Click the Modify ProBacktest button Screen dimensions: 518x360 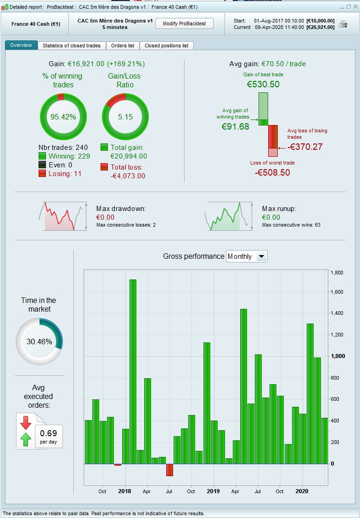pyautogui.click(x=184, y=23)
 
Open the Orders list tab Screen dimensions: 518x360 pyautogui.click(x=123, y=46)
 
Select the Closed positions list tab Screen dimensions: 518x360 pyautogui.click(x=166, y=46)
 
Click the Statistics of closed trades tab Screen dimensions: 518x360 pyautogui.click(x=71, y=46)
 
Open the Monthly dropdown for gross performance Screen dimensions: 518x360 pyautogui.click(x=247, y=256)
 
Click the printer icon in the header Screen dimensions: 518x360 pyautogui.click(x=343, y=24)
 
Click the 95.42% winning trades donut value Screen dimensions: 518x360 pyautogui.click(x=63, y=117)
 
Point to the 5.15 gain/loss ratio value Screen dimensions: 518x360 pyautogui.click(x=125, y=117)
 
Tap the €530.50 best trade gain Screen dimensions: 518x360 pyautogui.click(x=263, y=85)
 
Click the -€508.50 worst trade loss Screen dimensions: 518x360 pyautogui.click(x=272, y=172)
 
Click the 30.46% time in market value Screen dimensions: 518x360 pyautogui.click(x=39, y=342)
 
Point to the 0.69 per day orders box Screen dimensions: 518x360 pyautogui.click(x=49, y=436)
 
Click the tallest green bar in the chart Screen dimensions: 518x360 pyautogui.click(x=133, y=371)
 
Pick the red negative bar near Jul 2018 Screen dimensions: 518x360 pyautogui.click(x=169, y=470)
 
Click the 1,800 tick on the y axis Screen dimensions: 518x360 pyautogui.click(x=337, y=273)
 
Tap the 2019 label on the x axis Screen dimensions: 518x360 pyautogui.click(x=213, y=491)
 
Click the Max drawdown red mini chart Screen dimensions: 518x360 pyautogui.click(x=62, y=216)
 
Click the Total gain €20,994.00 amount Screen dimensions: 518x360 pyautogui.click(x=129, y=156)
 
